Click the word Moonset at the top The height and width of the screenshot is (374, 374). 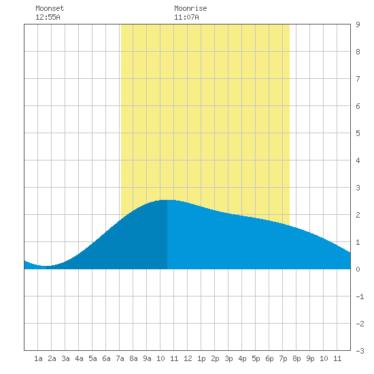(x=50, y=8)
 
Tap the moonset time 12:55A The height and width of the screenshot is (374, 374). (x=48, y=17)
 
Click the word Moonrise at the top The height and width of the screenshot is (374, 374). (x=190, y=8)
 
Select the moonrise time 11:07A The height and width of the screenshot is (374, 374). (x=186, y=17)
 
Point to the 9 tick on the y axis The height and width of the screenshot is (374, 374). (x=358, y=24)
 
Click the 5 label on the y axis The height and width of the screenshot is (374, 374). (x=358, y=133)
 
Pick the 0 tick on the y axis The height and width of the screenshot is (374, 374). (x=358, y=269)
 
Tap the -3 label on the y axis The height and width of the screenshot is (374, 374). (x=360, y=351)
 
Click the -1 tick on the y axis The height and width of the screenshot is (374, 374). (x=360, y=296)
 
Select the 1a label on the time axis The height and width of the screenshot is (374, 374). (x=38, y=358)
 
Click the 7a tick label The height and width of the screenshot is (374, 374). (x=120, y=358)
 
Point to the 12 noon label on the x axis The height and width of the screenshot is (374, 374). (x=188, y=358)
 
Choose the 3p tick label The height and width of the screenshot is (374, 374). (x=228, y=358)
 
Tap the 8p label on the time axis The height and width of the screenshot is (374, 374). (x=296, y=358)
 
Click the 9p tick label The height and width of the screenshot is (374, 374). (x=310, y=358)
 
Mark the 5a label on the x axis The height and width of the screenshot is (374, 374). (x=92, y=358)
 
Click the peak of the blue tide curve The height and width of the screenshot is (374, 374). (x=167, y=200)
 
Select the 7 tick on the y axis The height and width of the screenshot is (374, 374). (x=358, y=79)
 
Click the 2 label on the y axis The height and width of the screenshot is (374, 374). (x=358, y=215)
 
